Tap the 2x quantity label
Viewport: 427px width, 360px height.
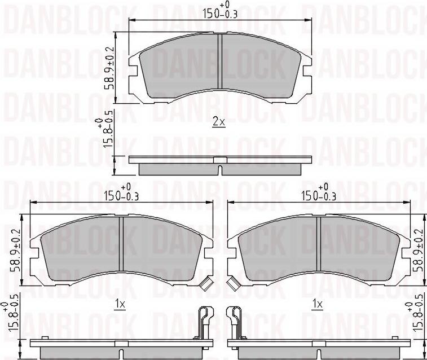(219, 122)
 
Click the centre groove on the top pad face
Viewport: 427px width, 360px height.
(219, 63)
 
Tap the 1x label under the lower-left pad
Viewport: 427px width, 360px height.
(119, 305)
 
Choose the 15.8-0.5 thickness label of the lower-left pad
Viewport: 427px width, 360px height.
(8, 322)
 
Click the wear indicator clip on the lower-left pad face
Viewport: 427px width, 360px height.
(205, 283)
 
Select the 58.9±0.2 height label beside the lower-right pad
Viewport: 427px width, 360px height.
(418, 251)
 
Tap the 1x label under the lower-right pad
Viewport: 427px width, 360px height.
(317, 305)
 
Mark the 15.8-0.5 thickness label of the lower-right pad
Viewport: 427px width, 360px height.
(419, 322)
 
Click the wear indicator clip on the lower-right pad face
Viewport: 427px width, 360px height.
(232, 283)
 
